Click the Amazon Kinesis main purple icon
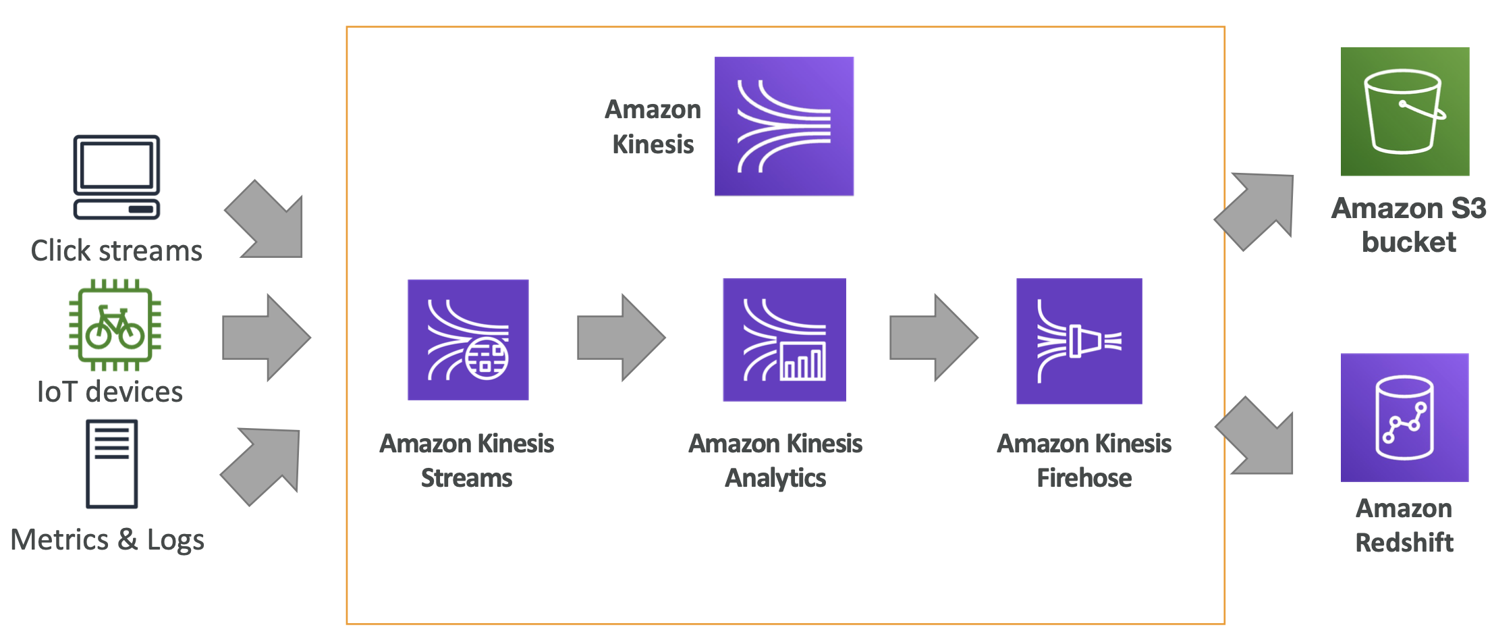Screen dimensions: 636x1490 [783, 126]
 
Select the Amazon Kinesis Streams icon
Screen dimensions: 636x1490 [468, 340]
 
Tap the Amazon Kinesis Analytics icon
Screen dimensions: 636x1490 [784, 340]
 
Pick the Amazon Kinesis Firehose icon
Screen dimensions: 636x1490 [1079, 341]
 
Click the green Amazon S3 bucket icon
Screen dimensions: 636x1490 [1404, 111]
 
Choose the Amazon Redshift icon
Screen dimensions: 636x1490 [1404, 417]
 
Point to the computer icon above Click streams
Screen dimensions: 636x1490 [117, 177]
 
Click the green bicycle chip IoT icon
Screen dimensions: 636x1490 [115, 325]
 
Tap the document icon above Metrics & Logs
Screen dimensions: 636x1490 [112, 464]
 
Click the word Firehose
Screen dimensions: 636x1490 [1084, 478]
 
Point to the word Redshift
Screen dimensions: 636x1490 [1404, 542]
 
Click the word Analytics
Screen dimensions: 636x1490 [775, 478]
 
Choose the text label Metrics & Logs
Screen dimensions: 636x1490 [107, 540]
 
